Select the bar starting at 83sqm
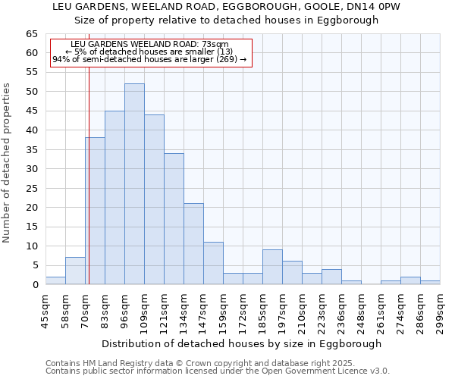coord(115,198)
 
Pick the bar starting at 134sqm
coord(193,244)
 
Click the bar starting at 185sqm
coord(272,267)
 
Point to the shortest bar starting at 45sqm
coord(55,280)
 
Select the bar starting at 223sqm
coord(331,277)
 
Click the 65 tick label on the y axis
coord(31,34)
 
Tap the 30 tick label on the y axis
coord(31,169)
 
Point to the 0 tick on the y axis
coord(34,285)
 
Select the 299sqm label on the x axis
coord(440,310)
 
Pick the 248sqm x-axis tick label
coord(361,310)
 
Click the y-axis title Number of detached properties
coord(8,163)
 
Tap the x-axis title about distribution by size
coord(241,343)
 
